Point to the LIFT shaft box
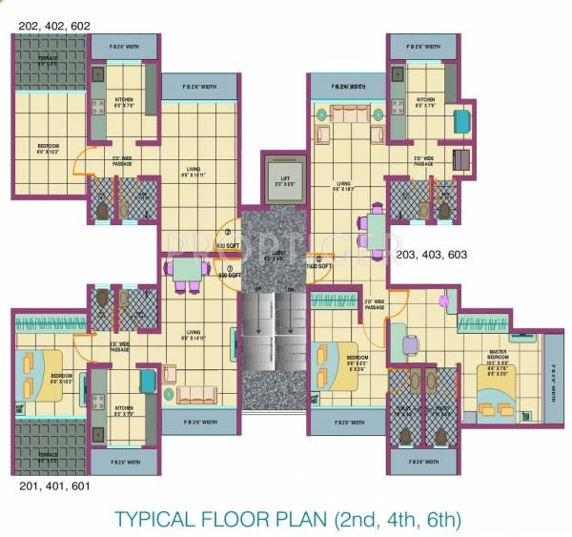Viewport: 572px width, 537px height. coord(283,176)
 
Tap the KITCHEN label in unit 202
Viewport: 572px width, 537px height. coord(126,100)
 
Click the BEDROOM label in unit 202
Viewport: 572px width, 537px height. coord(48,147)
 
